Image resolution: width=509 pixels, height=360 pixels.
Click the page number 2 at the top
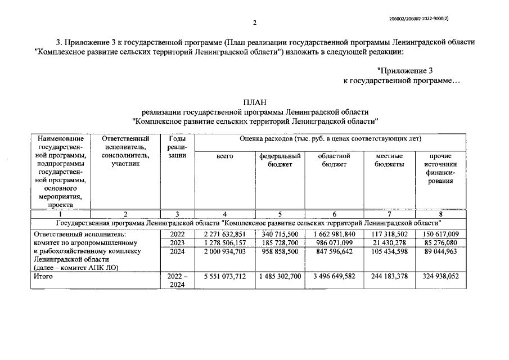click(254, 23)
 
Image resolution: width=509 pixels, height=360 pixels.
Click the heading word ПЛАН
click(254, 102)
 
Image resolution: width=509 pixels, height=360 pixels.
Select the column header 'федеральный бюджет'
click(280, 160)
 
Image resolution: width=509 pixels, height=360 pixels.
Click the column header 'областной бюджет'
click(334, 160)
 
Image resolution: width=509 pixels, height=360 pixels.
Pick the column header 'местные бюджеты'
click(389, 160)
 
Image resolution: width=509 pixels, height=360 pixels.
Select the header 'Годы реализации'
click(177, 147)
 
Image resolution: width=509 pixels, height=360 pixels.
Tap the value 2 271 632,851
click(225, 234)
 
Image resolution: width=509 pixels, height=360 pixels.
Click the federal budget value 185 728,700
click(280, 242)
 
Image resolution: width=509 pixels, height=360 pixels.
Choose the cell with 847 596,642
click(334, 251)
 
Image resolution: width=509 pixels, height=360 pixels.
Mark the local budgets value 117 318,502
click(389, 234)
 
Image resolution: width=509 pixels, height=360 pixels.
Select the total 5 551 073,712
click(225, 277)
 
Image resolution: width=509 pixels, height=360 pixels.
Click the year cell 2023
click(177, 242)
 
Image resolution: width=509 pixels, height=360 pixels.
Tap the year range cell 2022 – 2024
click(177, 281)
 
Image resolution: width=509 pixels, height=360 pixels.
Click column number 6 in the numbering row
click(334, 214)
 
